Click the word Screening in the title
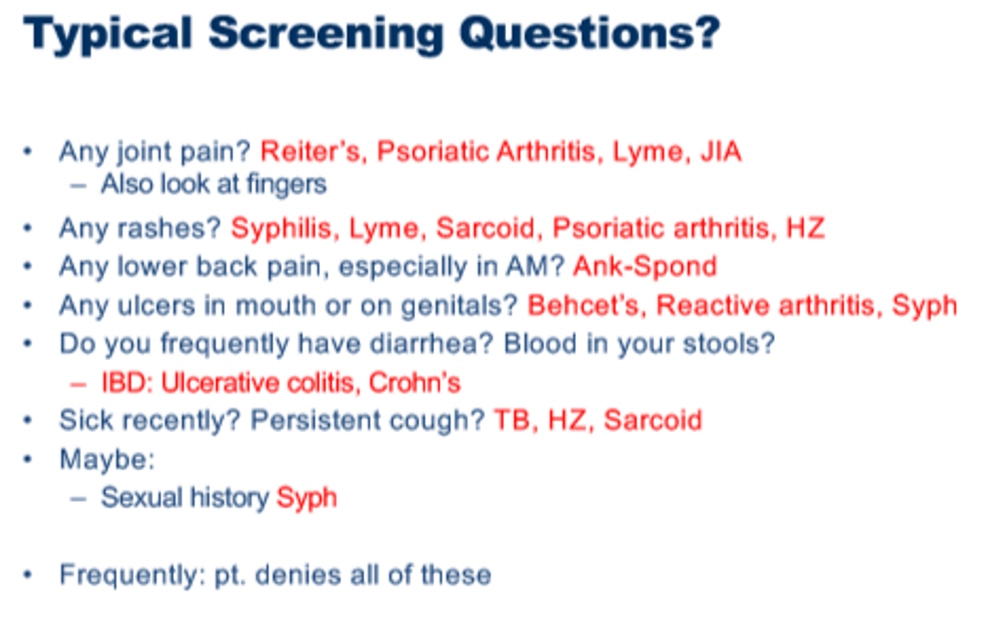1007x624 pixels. [325, 34]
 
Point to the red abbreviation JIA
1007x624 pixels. [720, 151]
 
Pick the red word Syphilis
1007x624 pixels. [280, 228]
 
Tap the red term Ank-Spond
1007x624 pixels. [645, 267]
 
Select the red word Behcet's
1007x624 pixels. [583, 306]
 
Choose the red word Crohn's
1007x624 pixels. [415, 383]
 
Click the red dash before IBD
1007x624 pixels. [78, 383]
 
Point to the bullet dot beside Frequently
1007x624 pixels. [28, 575]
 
